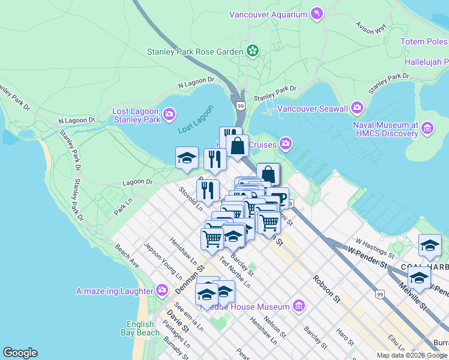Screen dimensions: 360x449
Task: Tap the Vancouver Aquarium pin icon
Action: [316, 13]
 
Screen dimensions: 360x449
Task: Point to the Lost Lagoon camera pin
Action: [169, 113]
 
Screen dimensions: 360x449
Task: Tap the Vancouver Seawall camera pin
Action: [357, 108]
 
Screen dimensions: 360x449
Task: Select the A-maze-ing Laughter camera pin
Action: [161, 291]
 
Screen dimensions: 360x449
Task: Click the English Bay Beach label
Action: [143, 328]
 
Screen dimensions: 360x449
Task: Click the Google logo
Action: [20, 353]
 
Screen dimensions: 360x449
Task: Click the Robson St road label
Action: [327, 289]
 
